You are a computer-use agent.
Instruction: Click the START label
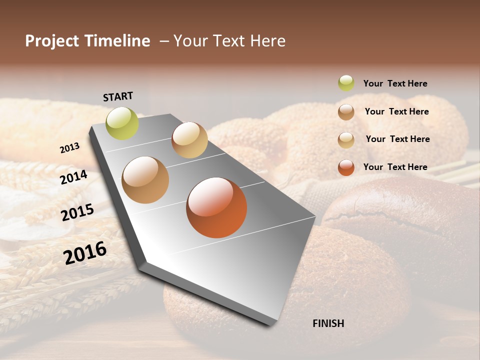pyautogui.click(x=118, y=96)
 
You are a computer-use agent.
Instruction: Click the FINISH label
pyautogui.click(x=328, y=323)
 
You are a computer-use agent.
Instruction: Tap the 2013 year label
pyautogui.click(x=70, y=147)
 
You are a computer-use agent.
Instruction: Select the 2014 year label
pyautogui.click(x=74, y=177)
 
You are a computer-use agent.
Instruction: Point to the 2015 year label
pyautogui.click(x=77, y=212)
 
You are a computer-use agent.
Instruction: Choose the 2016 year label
pyautogui.click(x=85, y=252)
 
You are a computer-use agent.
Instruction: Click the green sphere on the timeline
pyautogui.click(x=122, y=123)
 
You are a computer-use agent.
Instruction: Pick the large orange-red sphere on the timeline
pyautogui.click(x=216, y=207)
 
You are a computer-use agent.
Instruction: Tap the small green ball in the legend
pyautogui.click(x=346, y=83)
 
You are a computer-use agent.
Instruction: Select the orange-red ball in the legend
pyautogui.click(x=346, y=167)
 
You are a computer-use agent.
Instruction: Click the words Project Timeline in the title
pyautogui.click(x=87, y=41)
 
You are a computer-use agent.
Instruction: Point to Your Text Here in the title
pyautogui.click(x=229, y=41)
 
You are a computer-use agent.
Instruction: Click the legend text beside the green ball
pyautogui.click(x=395, y=83)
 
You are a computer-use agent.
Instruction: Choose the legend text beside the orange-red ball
pyautogui.click(x=395, y=167)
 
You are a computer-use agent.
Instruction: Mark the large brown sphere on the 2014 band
pyautogui.click(x=145, y=180)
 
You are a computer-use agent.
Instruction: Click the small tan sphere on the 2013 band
pyautogui.click(x=189, y=140)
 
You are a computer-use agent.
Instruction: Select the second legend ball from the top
pyautogui.click(x=346, y=112)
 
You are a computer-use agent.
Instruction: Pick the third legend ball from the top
pyautogui.click(x=346, y=140)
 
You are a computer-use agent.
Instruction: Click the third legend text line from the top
pyautogui.click(x=397, y=139)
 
